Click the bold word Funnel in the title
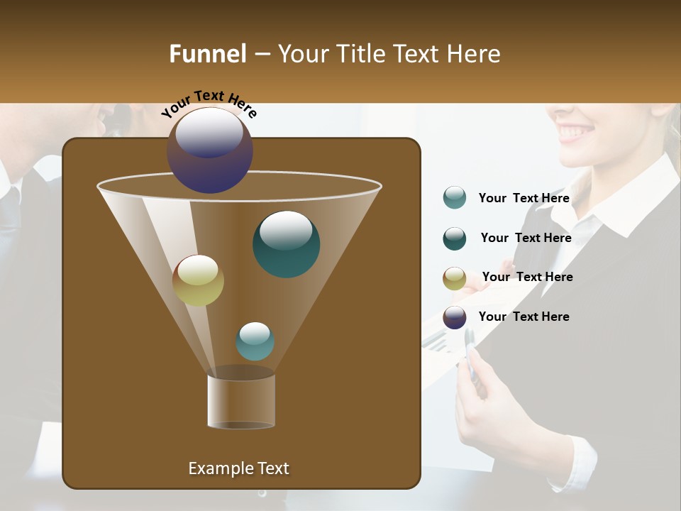207,54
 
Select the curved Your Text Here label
209,104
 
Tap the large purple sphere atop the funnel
210,150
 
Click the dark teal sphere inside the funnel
286,244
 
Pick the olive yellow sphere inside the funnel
198,280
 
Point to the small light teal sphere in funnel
255,341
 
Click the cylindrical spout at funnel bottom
240,401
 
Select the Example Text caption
238,468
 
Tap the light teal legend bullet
455,198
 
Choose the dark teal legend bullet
455,238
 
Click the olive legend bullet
455,278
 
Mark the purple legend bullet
455,317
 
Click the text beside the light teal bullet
524,199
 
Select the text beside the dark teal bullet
526,238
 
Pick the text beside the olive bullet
527,278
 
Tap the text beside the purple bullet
524,317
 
